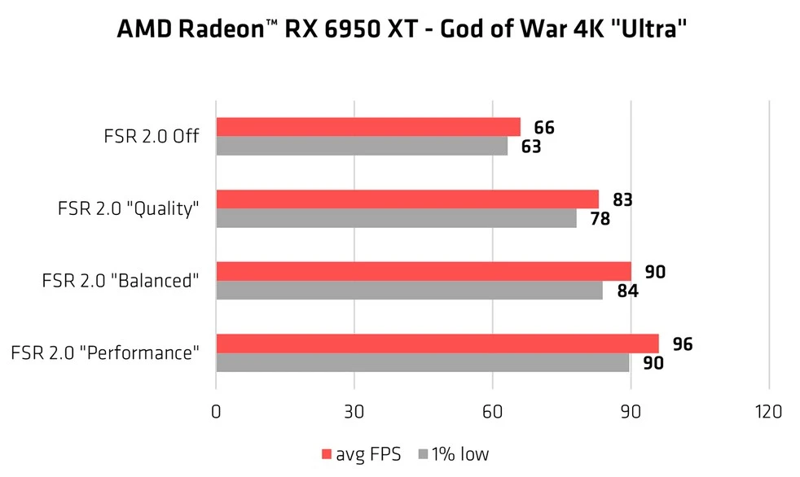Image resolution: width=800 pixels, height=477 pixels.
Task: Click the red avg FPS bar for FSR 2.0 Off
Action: [x=367, y=127]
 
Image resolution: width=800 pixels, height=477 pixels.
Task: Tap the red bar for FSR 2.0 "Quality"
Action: [x=407, y=199]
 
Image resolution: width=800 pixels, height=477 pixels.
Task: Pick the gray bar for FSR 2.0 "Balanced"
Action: [x=409, y=291]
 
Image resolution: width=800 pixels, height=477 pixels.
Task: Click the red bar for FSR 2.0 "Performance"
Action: [x=437, y=344]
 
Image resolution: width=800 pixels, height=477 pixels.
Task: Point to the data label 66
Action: [x=544, y=128]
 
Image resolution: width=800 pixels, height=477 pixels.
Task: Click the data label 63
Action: [x=531, y=147]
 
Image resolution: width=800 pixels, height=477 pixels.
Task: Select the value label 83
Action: [x=622, y=199]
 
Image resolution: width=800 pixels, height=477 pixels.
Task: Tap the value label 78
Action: [x=600, y=219]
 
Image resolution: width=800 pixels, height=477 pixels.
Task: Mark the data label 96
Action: [x=683, y=344]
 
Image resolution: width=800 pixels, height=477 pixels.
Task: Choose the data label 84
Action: [x=626, y=291]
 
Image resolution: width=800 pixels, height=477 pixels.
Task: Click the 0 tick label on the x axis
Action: [x=216, y=412]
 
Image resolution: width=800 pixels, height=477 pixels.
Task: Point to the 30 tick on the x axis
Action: [x=354, y=412]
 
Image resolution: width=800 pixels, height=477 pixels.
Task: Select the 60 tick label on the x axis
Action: [x=492, y=412]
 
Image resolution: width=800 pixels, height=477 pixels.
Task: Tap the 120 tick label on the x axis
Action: [x=768, y=412]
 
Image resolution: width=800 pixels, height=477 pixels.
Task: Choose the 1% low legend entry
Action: [x=454, y=454]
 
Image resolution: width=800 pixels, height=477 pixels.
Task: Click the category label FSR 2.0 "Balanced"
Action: [x=121, y=281]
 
